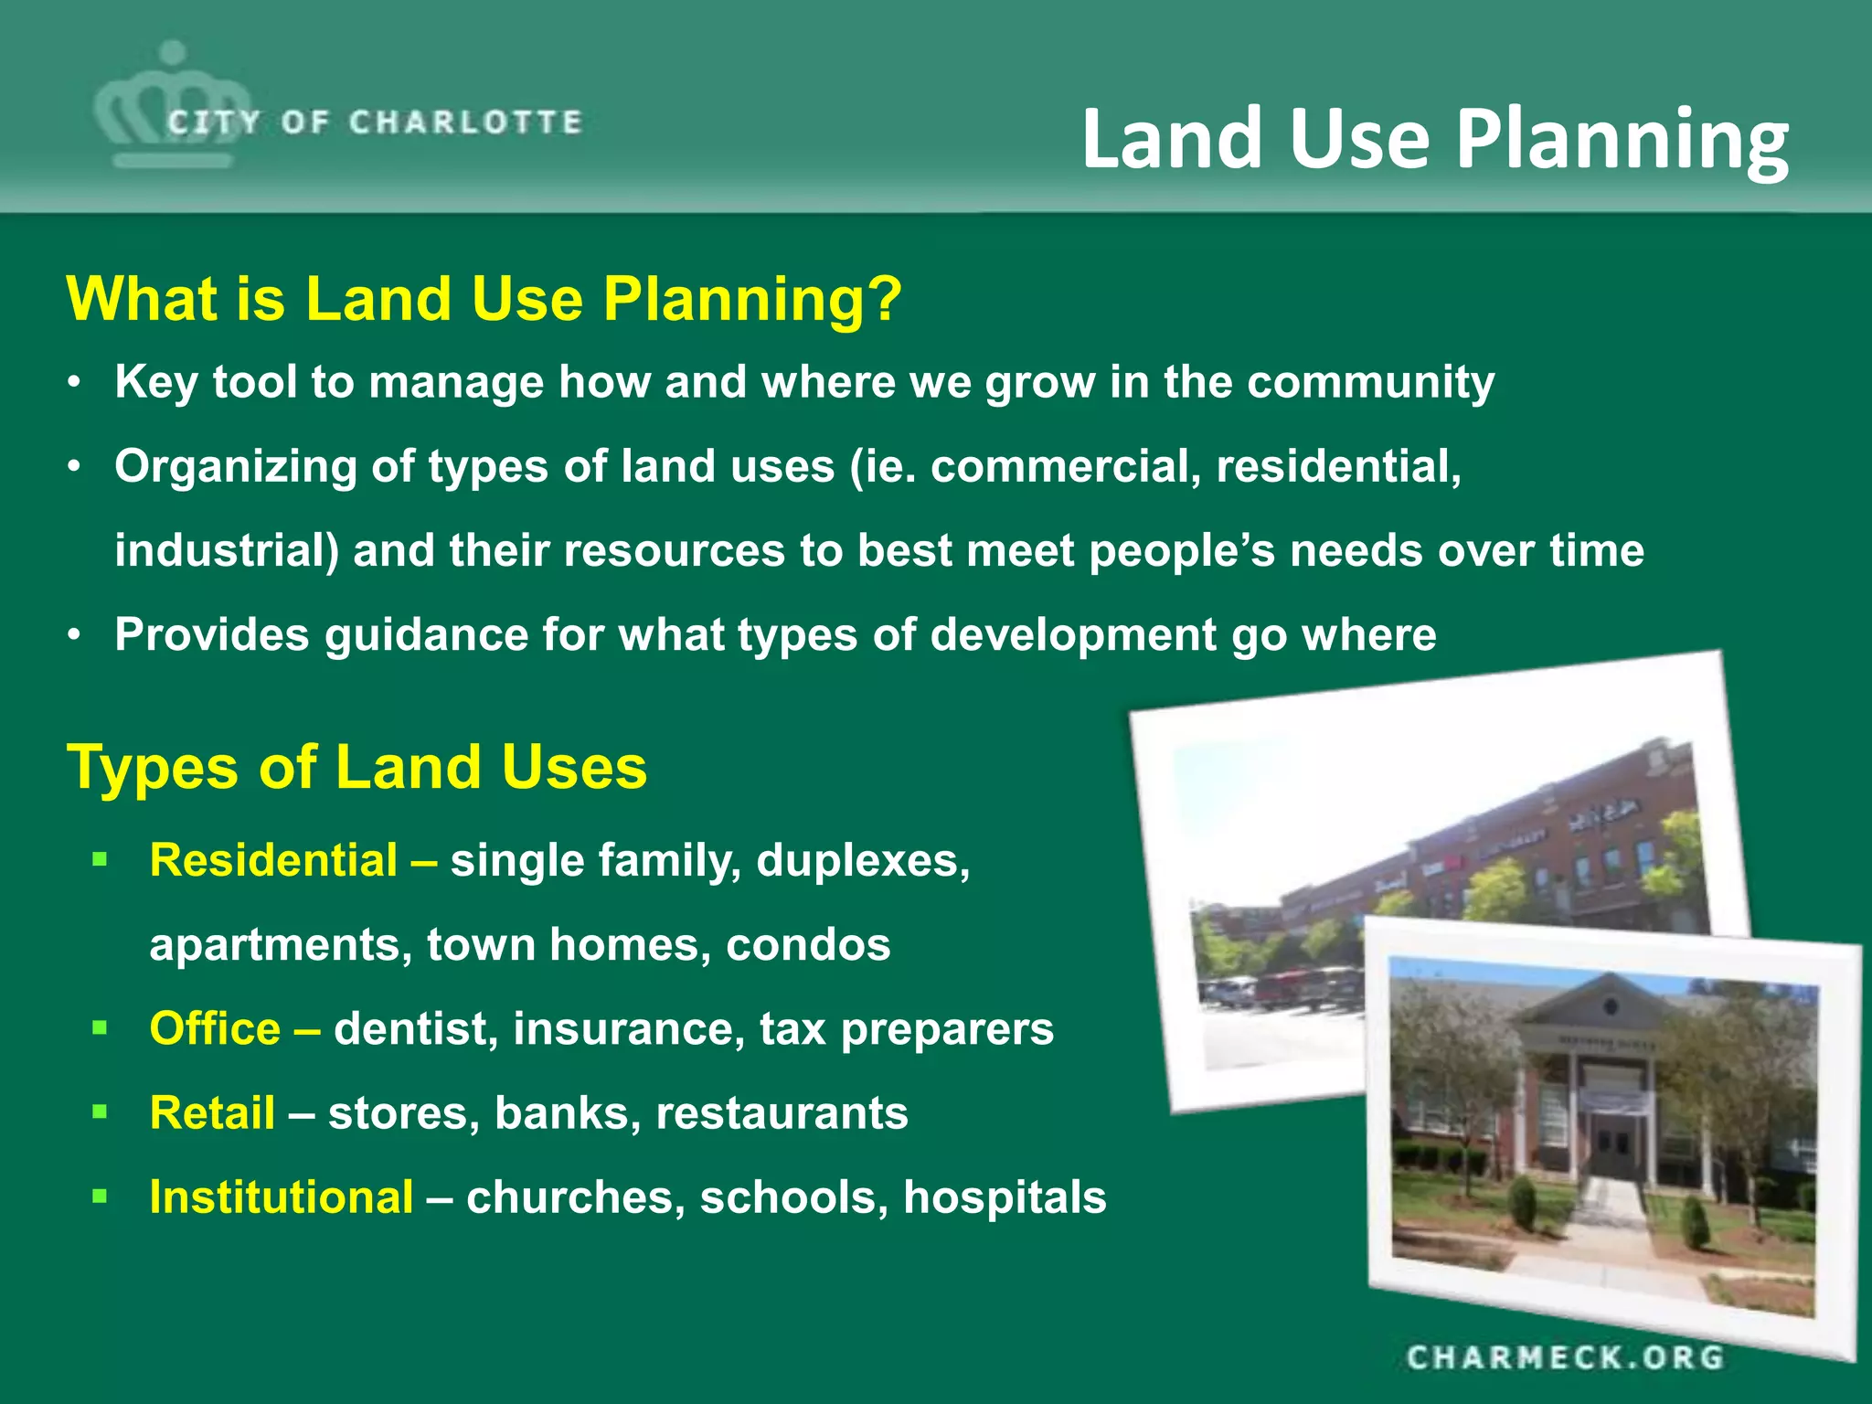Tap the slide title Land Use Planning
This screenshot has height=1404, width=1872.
[1434, 139]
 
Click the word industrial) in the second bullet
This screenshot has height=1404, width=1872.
[227, 551]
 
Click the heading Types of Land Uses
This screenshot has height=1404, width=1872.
[356, 767]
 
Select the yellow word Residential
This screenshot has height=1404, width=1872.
[273, 861]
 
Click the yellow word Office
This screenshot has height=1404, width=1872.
[215, 1029]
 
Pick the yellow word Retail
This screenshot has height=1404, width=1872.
[212, 1113]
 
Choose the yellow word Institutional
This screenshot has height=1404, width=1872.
[281, 1197]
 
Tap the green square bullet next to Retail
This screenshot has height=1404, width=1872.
[100, 1112]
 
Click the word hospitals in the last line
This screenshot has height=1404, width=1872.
[1004, 1197]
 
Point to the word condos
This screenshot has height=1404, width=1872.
[807, 945]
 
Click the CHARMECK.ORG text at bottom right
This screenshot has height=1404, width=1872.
[1565, 1357]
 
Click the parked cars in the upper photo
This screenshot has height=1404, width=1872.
[1280, 990]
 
